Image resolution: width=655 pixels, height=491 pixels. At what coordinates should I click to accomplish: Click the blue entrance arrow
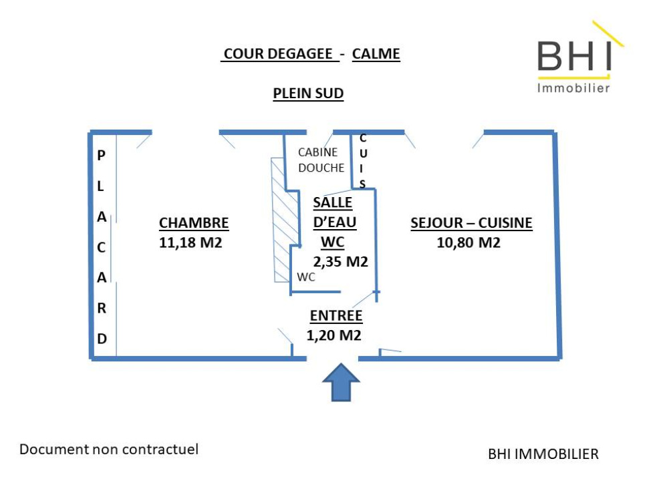point(342,383)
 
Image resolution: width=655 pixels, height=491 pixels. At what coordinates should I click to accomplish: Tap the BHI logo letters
point(574,56)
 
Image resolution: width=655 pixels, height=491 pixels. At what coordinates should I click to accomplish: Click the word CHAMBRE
point(194,223)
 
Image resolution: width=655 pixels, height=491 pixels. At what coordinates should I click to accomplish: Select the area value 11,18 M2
point(190,242)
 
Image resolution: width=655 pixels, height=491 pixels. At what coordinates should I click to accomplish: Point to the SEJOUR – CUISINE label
point(471,223)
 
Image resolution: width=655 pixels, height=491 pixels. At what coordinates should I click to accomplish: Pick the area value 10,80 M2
point(469,242)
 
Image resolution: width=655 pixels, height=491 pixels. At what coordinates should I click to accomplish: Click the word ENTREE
point(336,316)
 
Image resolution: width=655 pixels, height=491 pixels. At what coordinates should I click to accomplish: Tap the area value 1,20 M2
point(334,335)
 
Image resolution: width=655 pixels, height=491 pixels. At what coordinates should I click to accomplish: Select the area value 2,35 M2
point(341,261)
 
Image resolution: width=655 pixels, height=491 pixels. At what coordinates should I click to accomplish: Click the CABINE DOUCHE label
point(321,160)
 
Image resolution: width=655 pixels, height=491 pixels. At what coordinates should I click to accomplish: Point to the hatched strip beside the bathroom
point(283,220)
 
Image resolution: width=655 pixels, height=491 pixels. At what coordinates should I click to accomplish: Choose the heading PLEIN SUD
point(308,94)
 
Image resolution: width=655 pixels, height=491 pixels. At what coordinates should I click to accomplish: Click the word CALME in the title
point(376,54)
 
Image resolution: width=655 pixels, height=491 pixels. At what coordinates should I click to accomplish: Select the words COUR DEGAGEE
point(279,54)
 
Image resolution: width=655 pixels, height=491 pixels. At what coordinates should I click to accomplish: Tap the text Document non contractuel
point(109,449)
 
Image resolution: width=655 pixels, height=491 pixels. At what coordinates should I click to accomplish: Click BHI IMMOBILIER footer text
point(543,454)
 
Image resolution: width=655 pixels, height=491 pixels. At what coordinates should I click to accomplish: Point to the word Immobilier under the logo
point(573,88)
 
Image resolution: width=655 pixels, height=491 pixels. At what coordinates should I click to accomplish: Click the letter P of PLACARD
point(102,156)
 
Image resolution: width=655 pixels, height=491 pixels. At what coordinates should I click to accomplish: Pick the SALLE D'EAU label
point(334,212)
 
